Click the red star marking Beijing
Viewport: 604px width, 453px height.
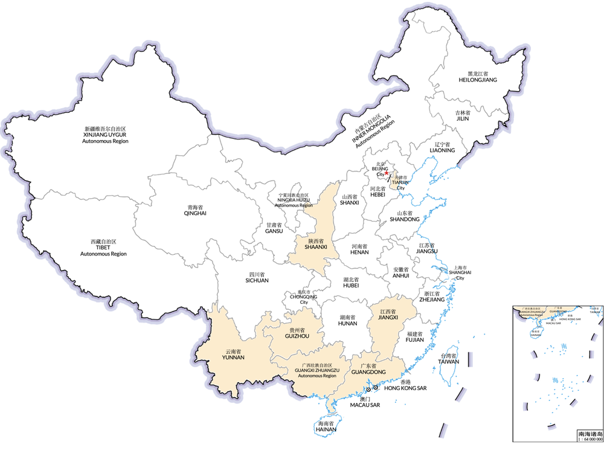coord(387,173)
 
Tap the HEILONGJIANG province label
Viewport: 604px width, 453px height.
coord(478,80)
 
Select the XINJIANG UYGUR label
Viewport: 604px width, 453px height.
coord(106,135)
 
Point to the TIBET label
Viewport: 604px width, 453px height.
coord(103,248)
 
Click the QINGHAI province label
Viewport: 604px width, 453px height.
coord(195,213)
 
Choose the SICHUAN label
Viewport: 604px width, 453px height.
coord(256,280)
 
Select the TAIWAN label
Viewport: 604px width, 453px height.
coord(448,362)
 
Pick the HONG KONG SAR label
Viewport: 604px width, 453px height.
coord(405,388)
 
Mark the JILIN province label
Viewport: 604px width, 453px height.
coord(461,119)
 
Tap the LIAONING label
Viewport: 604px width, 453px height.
coord(442,150)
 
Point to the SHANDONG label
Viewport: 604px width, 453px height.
coord(405,219)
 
